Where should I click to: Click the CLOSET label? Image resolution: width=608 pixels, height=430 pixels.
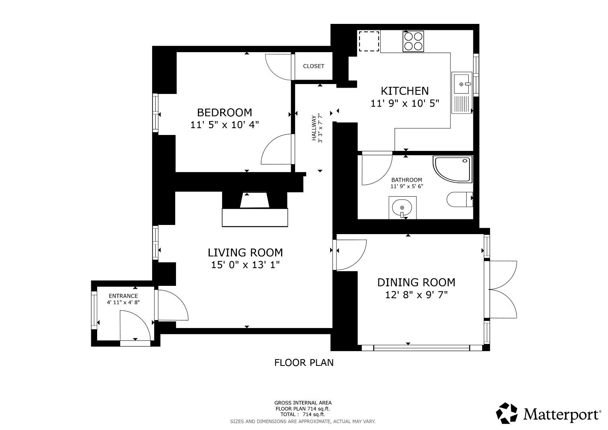(313, 66)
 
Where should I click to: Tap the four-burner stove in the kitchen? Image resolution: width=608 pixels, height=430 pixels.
(413, 41)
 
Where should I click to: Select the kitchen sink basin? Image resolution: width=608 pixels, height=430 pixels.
(461, 84)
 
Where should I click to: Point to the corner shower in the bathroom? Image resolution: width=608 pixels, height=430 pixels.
(453, 169)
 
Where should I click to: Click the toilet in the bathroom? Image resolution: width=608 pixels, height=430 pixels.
(460, 199)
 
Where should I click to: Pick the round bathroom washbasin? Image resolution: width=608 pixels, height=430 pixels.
(402, 208)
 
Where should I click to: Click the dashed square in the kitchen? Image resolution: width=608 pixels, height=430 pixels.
(369, 41)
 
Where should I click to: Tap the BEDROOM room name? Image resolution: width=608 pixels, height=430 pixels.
(225, 112)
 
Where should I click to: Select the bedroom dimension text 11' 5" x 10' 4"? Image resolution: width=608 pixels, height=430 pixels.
(225, 125)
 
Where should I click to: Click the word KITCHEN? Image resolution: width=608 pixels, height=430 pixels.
(405, 91)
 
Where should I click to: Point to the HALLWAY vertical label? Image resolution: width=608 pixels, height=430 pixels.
(314, 128)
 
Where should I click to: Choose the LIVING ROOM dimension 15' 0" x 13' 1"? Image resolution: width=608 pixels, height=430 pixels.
(245, 265)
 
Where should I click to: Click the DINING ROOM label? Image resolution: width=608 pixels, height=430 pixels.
(416, 283)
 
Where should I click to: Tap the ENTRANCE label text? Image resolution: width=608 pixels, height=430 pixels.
(123, 296)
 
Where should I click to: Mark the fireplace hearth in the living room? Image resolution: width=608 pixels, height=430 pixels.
(255, 217)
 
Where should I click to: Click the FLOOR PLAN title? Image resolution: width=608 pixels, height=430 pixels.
(304, 363)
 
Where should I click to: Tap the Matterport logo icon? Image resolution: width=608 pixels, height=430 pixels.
(506, 413)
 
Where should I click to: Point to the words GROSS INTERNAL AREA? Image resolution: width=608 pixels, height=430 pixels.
(303, 403)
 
